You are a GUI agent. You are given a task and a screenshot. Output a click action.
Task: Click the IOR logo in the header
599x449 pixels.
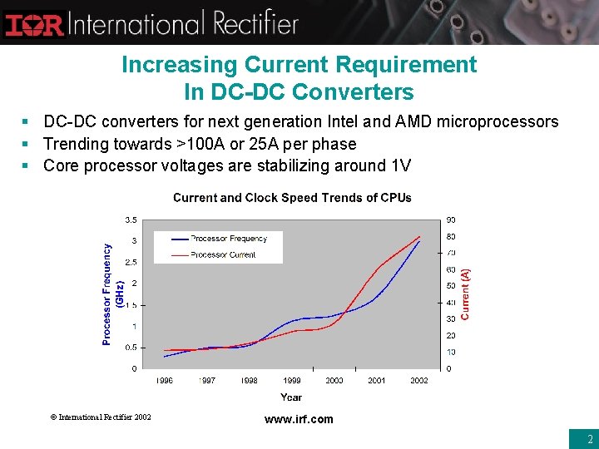pyautogui.click(x=34, y=23)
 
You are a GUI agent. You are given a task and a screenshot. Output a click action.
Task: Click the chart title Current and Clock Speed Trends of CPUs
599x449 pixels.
pyautogui.click(x=292, y=198)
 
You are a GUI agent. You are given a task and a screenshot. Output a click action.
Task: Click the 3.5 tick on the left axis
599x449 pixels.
pyautogui.click(x=131, y=220)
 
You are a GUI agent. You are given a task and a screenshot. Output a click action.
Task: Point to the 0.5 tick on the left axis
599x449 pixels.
pyautogui.click(x=131, y=348)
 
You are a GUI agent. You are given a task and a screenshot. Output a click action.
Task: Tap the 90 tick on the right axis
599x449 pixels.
pyautogui.click(x=451, y=220)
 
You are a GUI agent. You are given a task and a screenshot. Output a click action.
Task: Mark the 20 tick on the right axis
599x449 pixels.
pyautogui.click(x=451, y=335)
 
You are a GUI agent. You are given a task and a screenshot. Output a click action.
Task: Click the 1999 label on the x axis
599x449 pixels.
pyautogui.click(x=291, y=380)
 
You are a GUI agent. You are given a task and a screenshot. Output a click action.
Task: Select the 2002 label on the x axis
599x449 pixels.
pyautogui.click(x=419, y=380)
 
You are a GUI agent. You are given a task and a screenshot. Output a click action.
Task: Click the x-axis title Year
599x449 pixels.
pyautogui.click(x=291, y=397)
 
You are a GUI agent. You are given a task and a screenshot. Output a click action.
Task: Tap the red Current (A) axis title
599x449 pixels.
pyautogui.click(x=466, y=294)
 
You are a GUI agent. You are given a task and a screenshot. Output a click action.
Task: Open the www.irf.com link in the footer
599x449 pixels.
pyautogui.click(x=299, y=419)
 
